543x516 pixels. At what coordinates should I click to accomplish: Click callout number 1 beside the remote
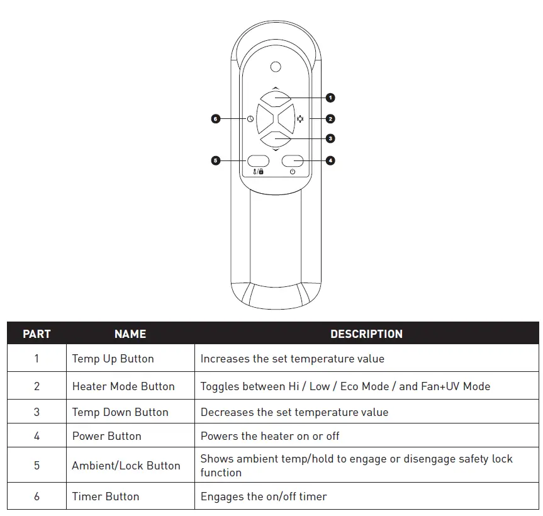[x=330, y=98]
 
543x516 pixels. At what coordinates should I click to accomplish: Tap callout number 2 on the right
[x=330, y=118]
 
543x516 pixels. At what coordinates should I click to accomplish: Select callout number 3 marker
[x=330, y=138]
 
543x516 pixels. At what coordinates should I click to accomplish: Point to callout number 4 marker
[x=330, y=160]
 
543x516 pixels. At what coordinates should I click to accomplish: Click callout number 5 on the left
[x=215, y=160]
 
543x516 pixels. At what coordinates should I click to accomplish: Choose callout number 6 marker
[x=215, y=118]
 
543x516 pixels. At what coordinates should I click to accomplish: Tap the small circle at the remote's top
[x=275, y=67]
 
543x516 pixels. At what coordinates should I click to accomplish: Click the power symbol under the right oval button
[x=293, y=172]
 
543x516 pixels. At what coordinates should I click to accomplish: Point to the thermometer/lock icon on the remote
[x=258, y=172]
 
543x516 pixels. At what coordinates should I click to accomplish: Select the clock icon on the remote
[x=250, y=118]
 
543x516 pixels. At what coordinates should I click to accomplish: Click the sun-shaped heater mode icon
[x=300, y=118]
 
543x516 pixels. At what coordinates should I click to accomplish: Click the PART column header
[x=36, y=334]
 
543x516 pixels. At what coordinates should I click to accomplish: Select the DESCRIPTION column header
[x=366, y=334]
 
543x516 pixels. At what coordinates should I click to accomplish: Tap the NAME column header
[x=130, y=334]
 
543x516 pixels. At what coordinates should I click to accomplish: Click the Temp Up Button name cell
[x=113, y=359]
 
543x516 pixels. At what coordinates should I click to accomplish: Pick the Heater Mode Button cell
[x=123, y=386]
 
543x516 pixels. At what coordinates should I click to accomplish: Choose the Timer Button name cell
[x=105, y=496]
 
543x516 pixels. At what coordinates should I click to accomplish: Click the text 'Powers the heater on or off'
[x=270, y=436]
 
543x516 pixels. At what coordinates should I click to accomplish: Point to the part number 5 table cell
[x=36, y=466]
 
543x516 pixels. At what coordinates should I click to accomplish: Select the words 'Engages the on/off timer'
[x=264, y=496]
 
